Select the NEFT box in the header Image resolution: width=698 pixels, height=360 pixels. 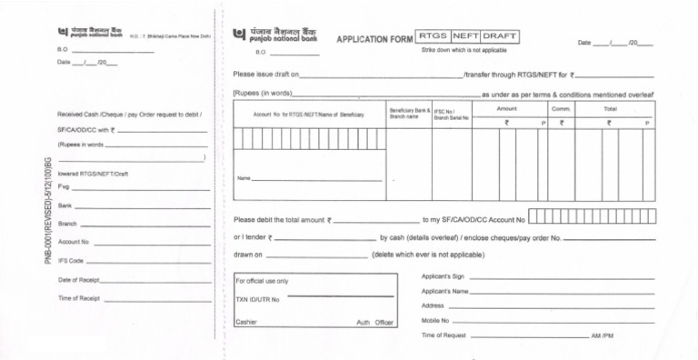coord(464,36)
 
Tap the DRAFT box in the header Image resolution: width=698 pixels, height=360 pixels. coord(500,36)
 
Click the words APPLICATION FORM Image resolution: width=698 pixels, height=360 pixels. coord(374,40)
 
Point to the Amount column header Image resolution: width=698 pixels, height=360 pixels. coord(507,108)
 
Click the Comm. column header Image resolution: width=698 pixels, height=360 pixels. coord(560,108)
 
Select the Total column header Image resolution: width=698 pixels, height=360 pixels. coord(610,108)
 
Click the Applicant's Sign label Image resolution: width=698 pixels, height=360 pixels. coord(444,276)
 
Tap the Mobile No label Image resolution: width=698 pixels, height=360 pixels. coord(435,321)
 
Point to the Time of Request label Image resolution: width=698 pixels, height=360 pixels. coord(444,335)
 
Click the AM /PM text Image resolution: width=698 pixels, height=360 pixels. coord(602,336)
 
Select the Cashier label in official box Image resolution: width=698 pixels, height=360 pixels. coord(246,322)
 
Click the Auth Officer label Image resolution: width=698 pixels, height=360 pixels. coord(374,323)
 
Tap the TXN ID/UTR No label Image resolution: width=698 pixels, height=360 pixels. coord(257,299)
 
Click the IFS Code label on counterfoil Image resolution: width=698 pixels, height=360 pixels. coord(71,261)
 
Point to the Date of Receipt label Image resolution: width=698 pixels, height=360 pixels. coord(79,280)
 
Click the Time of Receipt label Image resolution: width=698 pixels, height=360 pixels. coord(79,298)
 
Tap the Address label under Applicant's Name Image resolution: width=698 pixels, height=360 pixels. coord(433,306)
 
